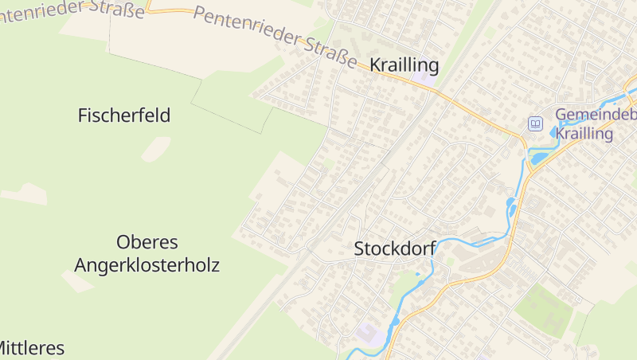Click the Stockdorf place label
(x=394, y=249)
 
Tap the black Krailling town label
(x=404, y=65)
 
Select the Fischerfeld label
(x=124, y=115)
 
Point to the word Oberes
(x=147, y=241)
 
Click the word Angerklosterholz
(x=147, y=265)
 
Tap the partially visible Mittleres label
(x=30, y=348)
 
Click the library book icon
(x=536, y=123)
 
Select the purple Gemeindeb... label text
(x=596, y=115)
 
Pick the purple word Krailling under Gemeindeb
(x=584, y=134)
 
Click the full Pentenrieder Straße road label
(x=276, y=37)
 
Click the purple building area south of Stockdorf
(x=369, y=333)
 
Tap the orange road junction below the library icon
(x=526, y=147)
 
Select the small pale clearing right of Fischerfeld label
(x=156, y=148)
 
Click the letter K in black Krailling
(x=376, y=65)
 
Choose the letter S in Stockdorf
(x=359, y=249)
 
